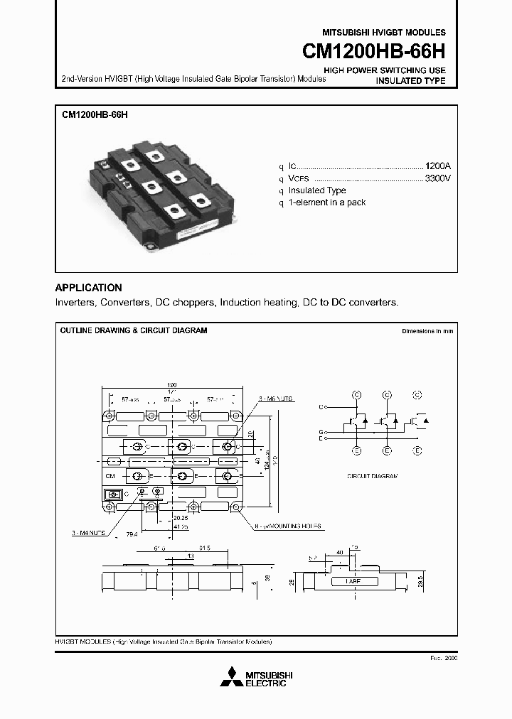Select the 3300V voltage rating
point(437,178)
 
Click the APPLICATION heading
point(88,288)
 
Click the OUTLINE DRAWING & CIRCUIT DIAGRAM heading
point(133,330)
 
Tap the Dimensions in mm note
point(427,331)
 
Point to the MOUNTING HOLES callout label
point(292,526)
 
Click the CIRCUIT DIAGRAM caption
point(372,475)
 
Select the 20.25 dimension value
point(180,519)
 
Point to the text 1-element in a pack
point(326,202)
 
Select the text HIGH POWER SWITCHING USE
point(385,70)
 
